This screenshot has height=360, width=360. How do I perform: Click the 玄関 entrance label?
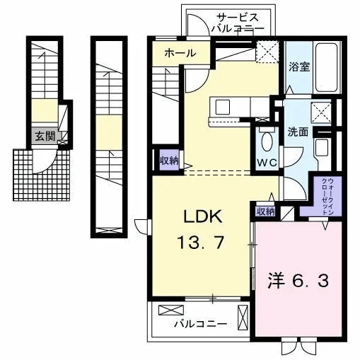(45, 136)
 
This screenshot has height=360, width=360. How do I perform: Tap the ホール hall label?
(180, 53)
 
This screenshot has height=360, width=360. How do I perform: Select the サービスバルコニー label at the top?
(238, 23)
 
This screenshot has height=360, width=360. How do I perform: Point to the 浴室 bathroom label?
(299, 67)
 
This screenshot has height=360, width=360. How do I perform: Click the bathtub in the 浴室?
(326, 68)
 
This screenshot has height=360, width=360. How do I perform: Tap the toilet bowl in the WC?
(267, 141)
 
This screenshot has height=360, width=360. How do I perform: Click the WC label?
(267, 162)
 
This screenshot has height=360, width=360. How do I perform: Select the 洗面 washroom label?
(298, 132)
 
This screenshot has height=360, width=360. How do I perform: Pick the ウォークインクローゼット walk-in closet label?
(327, 197)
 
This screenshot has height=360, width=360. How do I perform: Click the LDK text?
(203, 216)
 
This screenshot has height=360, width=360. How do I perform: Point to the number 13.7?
(200, 243)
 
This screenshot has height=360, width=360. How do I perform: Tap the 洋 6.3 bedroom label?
(298, 281)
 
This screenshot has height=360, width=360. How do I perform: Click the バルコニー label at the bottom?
(201, 324)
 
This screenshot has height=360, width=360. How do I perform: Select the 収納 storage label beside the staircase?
(169, 161)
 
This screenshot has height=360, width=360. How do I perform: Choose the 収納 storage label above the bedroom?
(266, 211)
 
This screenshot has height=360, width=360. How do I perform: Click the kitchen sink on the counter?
(223, 107)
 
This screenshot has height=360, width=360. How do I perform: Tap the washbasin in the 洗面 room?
(322, 148)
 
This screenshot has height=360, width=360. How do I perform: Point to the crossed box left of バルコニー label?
(171, 310)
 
